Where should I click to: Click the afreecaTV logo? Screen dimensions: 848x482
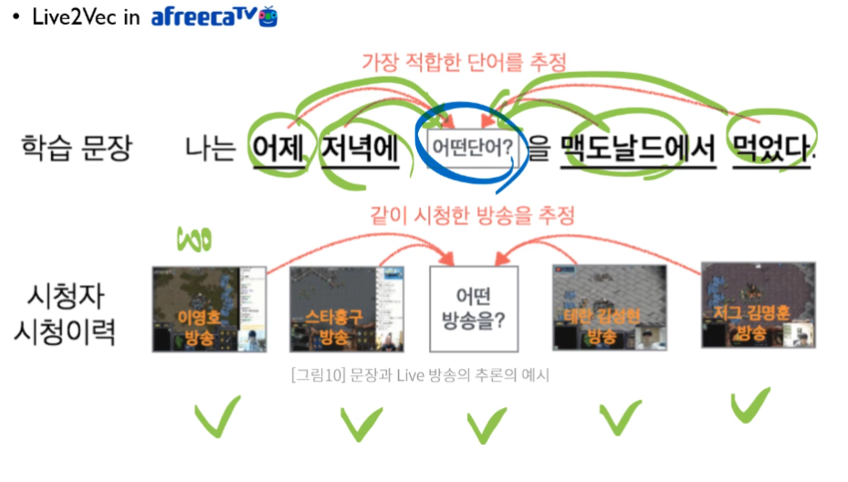point(215,16)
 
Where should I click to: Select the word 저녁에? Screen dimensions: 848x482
point(359,148)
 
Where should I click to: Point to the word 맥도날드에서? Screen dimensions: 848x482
point(638,148)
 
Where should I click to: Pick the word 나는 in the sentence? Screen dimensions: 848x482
point(211,148)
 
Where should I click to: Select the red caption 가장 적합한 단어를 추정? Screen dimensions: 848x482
point(465,62)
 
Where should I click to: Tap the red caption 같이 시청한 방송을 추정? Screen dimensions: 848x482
point(472,216)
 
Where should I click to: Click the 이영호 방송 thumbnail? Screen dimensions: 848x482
point(209,309)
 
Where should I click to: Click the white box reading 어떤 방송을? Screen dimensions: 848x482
point(474,309)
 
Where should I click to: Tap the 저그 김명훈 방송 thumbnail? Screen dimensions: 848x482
point(758,306)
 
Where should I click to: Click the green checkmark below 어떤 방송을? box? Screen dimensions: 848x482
point(487,424)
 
